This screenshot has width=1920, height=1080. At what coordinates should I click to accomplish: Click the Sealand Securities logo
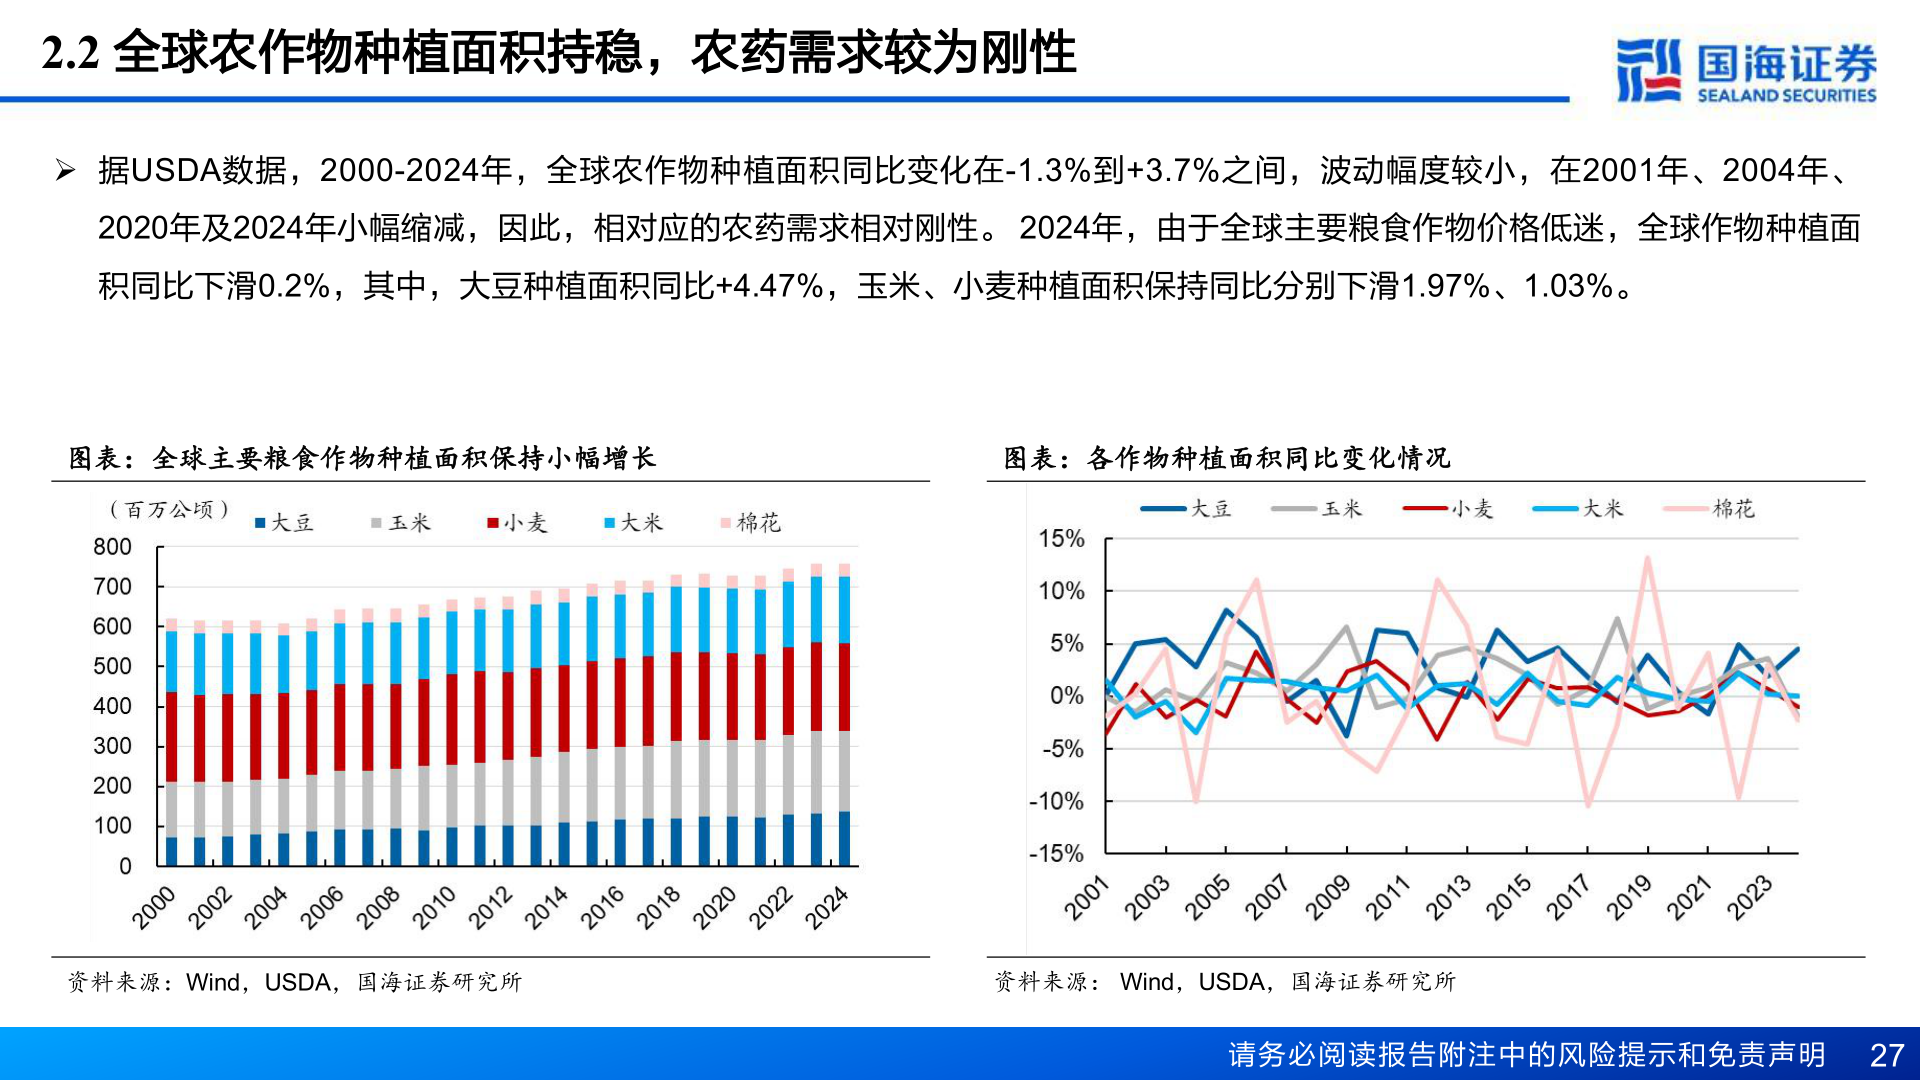(1745, 70)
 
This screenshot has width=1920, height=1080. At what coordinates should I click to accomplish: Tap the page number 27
(1886, 1055)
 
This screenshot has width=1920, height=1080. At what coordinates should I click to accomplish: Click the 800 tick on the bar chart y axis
(112, 547)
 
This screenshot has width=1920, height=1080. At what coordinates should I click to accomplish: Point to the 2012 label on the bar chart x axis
(490, 907)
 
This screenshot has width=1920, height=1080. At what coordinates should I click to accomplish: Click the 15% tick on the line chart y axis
(1061, 539)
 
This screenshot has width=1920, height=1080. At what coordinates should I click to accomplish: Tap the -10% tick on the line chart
(1057, 801)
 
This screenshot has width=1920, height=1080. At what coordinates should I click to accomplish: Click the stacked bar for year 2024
(844, 715)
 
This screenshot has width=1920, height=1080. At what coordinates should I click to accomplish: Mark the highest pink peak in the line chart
(1647, 560)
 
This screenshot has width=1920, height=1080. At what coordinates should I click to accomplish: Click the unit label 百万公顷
(169, 510)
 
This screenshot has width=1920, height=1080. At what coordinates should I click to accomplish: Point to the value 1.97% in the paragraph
(1445, 286)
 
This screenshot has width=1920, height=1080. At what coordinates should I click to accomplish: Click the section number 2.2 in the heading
(70, 53)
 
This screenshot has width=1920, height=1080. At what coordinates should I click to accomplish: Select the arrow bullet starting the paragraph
(66, 170)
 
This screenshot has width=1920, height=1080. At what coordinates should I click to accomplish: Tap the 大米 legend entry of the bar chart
(633, 523)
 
